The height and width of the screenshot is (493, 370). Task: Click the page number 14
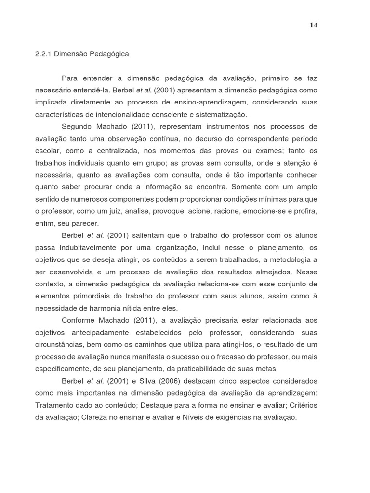(313, 26)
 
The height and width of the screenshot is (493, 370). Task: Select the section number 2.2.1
(43, 54)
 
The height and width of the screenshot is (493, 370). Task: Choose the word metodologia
(291, 259)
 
